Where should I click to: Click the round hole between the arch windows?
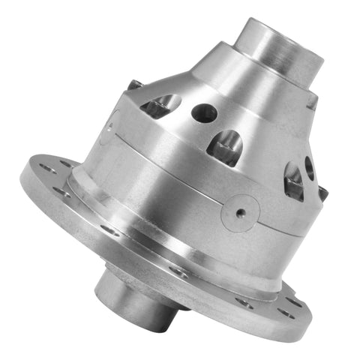(x=204, y=113)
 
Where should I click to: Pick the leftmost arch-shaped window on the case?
(x=159, y=106)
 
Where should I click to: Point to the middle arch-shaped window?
(x=226, y=145)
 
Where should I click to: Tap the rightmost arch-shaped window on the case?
(x=293, y=181)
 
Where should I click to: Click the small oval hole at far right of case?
(x=308, y=167)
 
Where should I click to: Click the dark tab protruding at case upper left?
(x=133, y=85)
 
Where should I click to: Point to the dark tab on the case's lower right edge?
(x=322, y=194)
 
